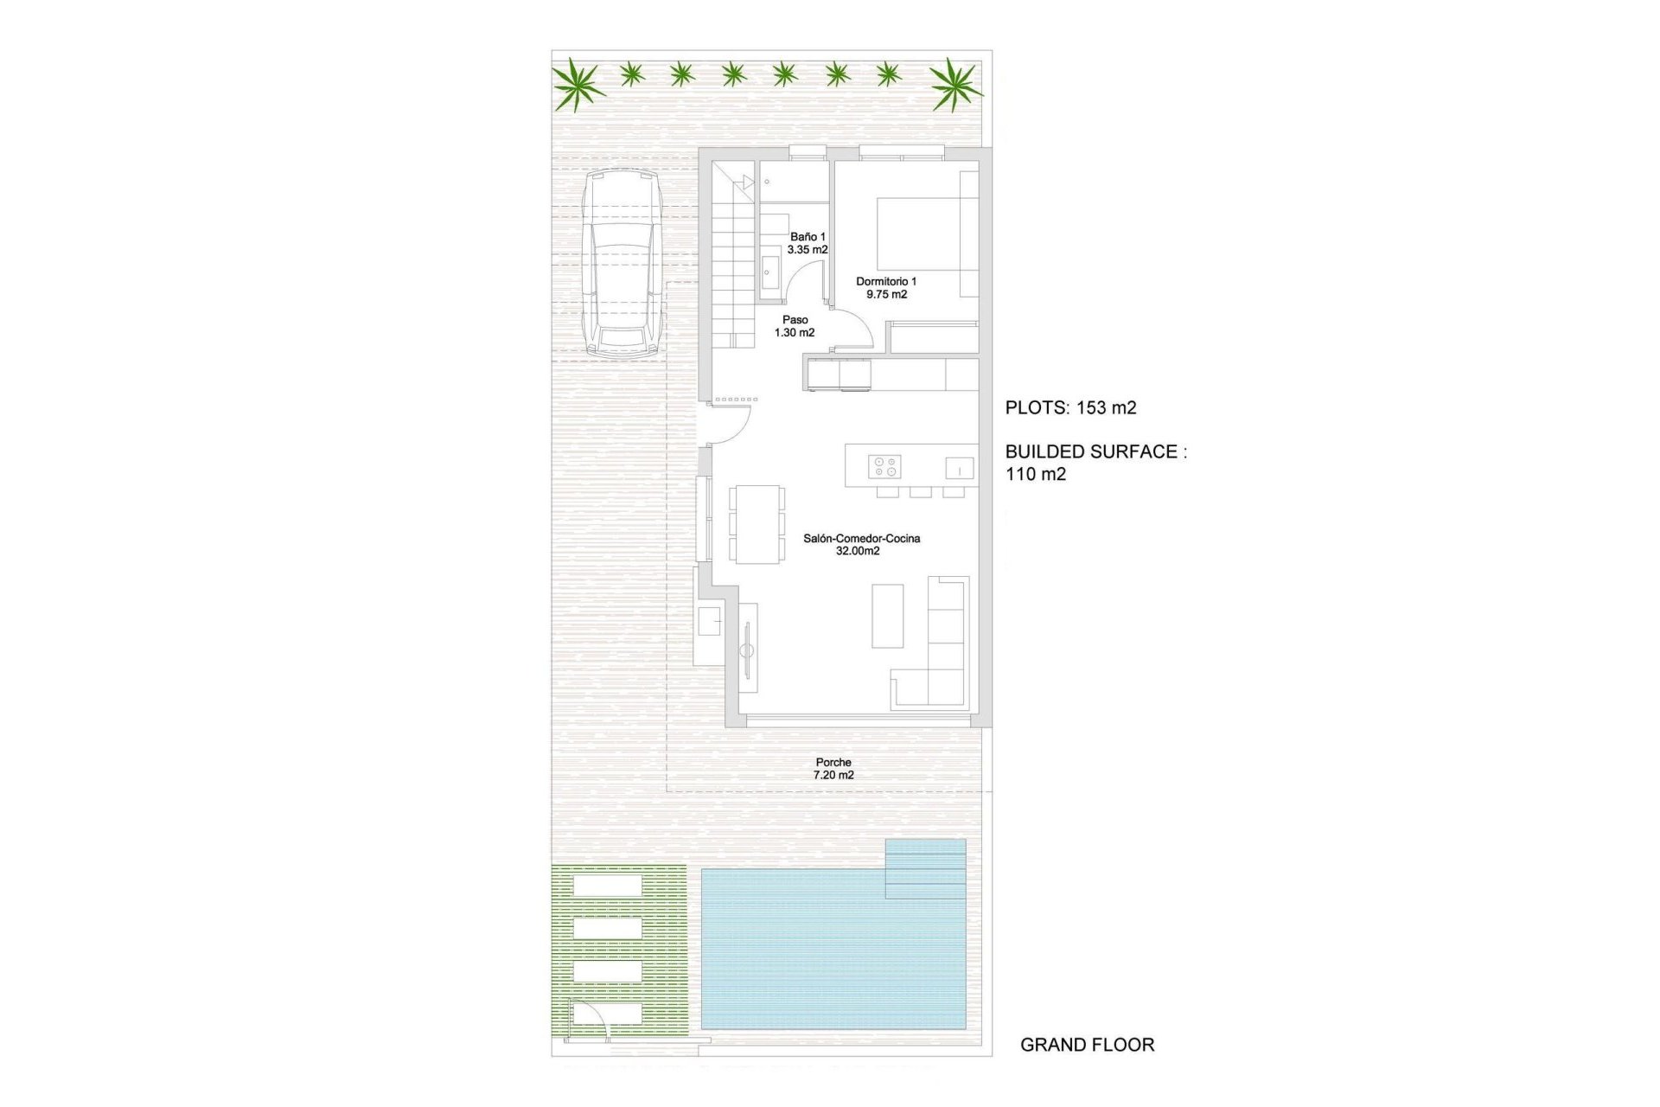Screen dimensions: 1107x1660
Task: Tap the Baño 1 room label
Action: (x=808, y=243)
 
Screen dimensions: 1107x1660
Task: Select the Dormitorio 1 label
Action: (x=886, y=287)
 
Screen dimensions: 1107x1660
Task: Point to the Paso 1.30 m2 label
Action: (x=795, y=326)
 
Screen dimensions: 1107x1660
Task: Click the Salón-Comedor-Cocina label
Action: (x=861, y=544)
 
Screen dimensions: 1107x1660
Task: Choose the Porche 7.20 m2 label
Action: (x=833, y=769)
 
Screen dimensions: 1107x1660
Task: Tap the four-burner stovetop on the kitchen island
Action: (x=884, y=467)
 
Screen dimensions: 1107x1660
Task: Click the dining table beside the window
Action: (x=757, y=524)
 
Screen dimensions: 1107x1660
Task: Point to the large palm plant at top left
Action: (x=578, y=85)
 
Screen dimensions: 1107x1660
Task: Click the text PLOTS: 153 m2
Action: (x=1070, y=408)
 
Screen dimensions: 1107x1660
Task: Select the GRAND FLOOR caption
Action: (x=1087, y=1045)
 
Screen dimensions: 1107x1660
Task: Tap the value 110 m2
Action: (x=1036, y=474)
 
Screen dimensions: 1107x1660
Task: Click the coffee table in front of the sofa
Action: (x=887, y=616)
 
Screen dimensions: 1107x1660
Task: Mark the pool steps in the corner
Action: (x=925, y=867)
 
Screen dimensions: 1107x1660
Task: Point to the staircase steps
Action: (x=734, y=277)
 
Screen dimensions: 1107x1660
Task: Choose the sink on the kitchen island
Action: (x=959, y=468)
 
